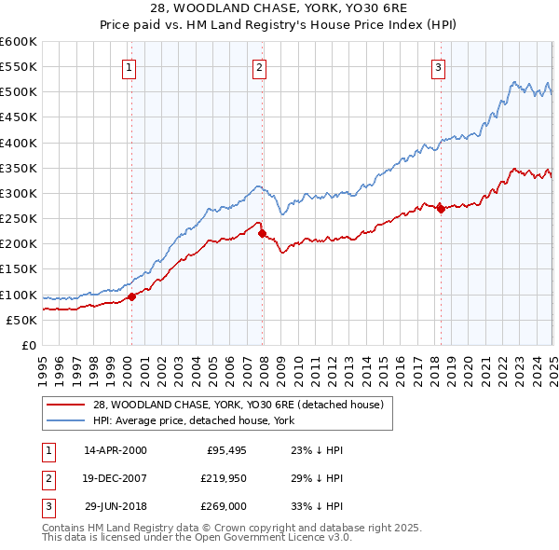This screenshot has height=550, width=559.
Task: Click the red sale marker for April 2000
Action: click(131, 296)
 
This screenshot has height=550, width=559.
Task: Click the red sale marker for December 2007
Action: click(262, 233)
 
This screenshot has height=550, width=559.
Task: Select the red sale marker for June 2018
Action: click(441, 209)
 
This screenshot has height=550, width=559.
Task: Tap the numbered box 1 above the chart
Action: click(129, 66)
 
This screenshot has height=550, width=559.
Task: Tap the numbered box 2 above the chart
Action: click(259, 66)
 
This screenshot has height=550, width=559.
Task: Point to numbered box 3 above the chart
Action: click(438, 66)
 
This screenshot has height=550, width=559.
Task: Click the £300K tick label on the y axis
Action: click(19, 193)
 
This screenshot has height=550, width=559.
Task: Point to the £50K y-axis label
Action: click(22, 320)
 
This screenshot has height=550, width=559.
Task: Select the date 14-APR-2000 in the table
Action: click(116, 449)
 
